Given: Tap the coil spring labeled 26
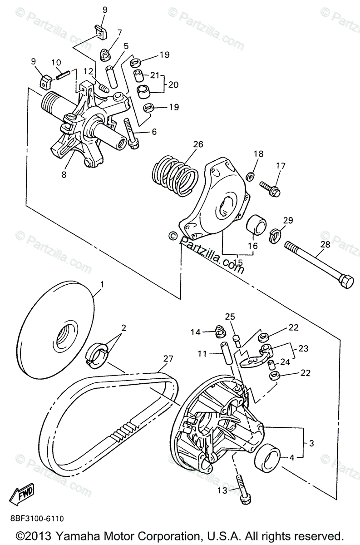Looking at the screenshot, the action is point(175,175).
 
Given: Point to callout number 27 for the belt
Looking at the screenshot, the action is point(168,359).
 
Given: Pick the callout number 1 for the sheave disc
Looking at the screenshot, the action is point(102,284).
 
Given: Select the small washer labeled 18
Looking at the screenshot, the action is point(250,176).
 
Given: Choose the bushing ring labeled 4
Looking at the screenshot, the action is point(267,457).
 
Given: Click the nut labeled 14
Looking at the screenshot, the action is point(220,332).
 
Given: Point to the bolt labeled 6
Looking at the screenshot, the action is point(130,134).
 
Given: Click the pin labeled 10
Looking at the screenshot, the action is point(63,74).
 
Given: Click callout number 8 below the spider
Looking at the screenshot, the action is point(64,174).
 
